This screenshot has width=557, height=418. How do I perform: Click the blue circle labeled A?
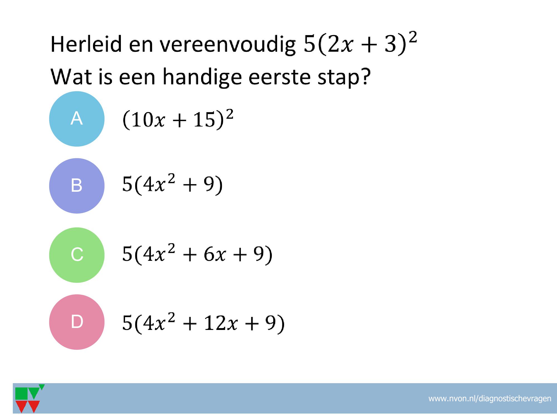(77, 119)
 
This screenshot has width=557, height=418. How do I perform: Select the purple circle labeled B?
(77, 186)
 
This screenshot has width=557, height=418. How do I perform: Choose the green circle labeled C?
(77, 255)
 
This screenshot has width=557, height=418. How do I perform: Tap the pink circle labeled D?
(77, 322)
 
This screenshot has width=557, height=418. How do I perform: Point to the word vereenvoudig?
(227, 45)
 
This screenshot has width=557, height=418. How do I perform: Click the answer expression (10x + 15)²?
(178, 120)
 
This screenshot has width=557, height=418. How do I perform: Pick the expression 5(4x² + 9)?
(172, 185)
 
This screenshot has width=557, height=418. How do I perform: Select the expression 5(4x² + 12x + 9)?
(203, 323)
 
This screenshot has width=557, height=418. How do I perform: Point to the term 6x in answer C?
(214, 256)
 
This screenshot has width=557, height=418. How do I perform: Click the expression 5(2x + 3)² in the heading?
(360, 45)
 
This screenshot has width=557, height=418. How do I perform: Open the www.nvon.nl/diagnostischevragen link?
(490, 399)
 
